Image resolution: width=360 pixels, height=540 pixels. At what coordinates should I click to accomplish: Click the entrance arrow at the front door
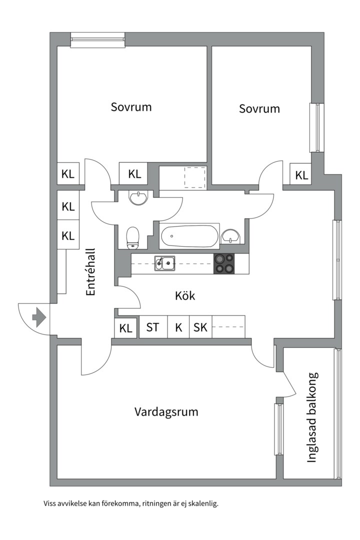click(x=38, y=317)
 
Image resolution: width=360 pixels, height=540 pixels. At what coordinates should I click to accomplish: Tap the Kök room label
click(x=185, y=295)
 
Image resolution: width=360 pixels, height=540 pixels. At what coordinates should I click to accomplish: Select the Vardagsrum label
click(x=166, y=412)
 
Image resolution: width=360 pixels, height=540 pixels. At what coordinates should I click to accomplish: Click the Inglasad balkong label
click(x=312, y=417)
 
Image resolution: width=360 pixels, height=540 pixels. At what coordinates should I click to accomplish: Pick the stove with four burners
click(x=224, y=263)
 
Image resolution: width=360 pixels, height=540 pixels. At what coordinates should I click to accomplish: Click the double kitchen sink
click(x=164, y=262)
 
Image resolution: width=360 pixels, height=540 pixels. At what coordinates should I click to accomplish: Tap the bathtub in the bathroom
click(x=189, y=235)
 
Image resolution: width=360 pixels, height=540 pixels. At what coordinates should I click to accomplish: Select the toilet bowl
click(x=132, y=237)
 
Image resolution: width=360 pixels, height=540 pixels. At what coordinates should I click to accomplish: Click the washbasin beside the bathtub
click(x=230, y=235)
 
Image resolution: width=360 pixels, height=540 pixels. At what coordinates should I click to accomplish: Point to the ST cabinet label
click(x=153, y=327)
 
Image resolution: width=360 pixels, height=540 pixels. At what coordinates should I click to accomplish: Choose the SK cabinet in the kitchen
click(x=200, y=327)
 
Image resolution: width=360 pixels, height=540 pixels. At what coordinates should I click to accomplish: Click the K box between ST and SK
click(x=178, y=327)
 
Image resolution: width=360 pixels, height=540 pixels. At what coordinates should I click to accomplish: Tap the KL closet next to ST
click(x=126, y=328)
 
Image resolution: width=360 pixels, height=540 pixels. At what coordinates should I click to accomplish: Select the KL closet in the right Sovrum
click(x=301, y=175)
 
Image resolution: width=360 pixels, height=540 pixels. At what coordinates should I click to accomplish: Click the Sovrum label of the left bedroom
click(x=131, y=107)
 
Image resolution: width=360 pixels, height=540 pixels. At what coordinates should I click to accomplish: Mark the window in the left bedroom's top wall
click(x=97, y=40)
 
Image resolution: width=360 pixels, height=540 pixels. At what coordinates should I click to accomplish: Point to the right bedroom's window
click(x=316, y=127)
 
